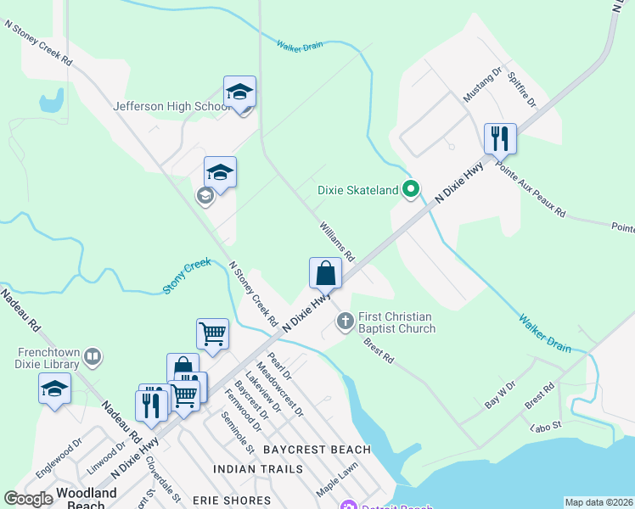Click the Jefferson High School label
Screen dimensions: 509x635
coord(172,107)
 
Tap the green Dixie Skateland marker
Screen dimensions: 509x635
coord(412,190)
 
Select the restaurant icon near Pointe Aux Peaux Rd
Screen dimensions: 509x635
coord(500,138)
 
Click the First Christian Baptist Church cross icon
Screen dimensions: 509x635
coord(345,321)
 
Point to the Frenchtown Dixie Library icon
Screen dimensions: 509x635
coord(94,358)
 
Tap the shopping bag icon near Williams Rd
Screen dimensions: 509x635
coord(325,273)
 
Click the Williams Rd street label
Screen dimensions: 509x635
coord(337,242)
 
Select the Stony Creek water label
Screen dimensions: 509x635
coord(186,277)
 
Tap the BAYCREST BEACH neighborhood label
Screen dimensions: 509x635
coord(317,449)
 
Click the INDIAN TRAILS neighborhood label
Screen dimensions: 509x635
coord(258,469)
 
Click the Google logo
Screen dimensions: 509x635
coord(28,500)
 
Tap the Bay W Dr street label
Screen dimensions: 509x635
coord(500,395)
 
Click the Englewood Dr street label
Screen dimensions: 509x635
coord(59,455)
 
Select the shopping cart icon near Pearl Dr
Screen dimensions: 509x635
coord(212,333)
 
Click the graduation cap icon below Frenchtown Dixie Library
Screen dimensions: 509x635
coord(55,389)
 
